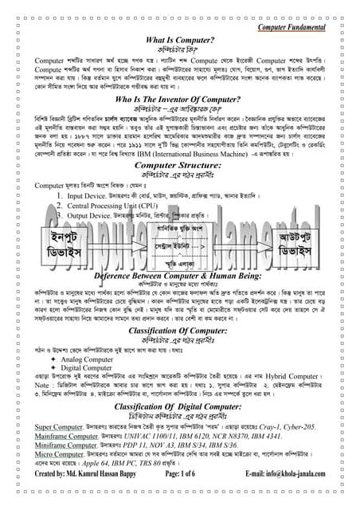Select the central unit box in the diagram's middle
180,248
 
